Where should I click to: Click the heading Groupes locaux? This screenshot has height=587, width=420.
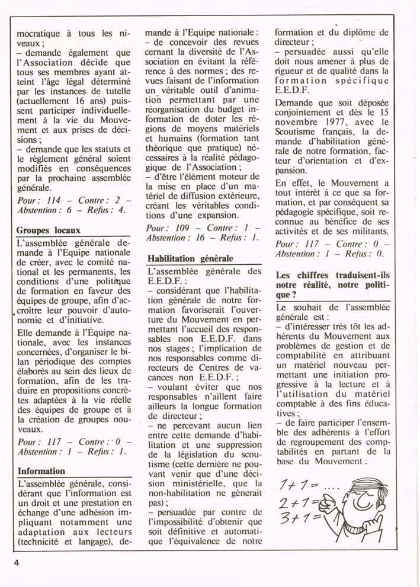pyautogui.click(x=48, y=230)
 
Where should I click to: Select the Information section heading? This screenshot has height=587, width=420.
pyautogui.click(x=41, y=471)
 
